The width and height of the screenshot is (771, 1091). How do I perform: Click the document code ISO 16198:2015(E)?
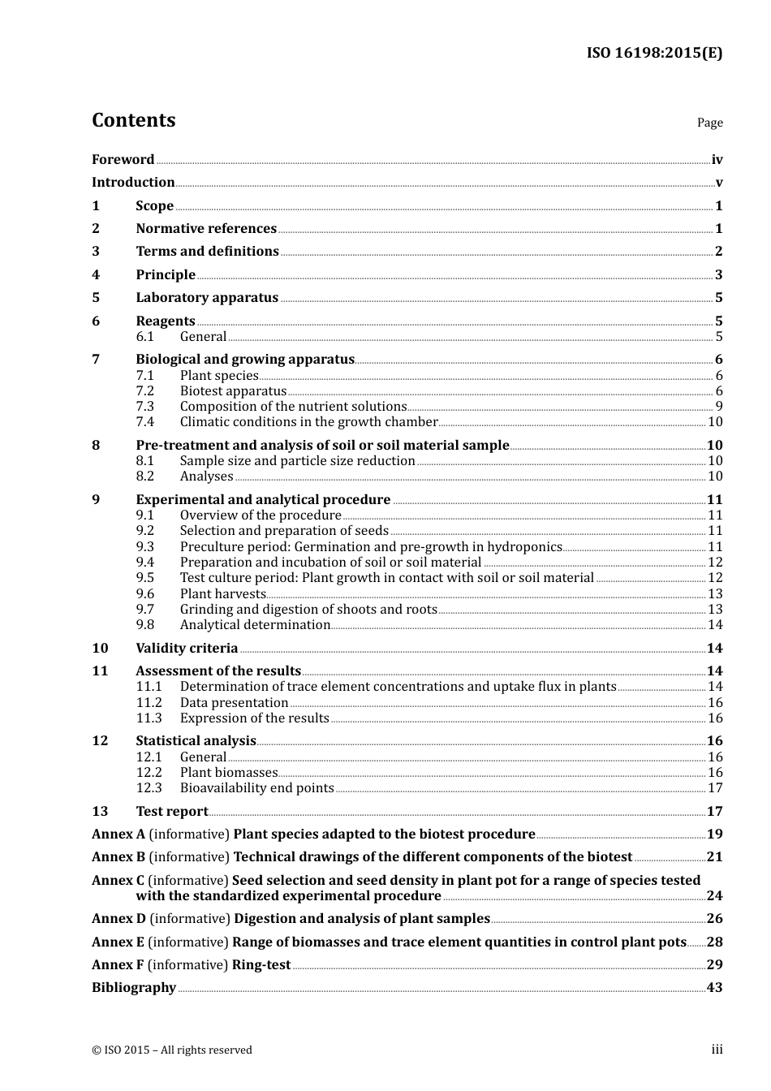coord(654,54)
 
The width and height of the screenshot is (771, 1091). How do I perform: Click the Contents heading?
coord(133,120)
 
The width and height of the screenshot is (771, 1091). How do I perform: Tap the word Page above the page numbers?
coord(709,123)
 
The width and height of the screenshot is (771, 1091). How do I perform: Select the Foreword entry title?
coord(123,160)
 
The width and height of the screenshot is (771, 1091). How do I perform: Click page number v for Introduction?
coord(718,183)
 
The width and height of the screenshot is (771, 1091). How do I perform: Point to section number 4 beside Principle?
coord(96,275)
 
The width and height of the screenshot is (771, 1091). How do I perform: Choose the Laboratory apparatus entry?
coord(207,298)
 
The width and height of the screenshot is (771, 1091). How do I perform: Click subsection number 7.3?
coord(144,407)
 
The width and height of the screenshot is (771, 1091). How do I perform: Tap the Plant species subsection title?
coord(219,376)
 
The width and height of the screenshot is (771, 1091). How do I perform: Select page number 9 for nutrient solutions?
coord(718,407)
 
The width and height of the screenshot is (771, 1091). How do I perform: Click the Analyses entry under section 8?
coord(206,477)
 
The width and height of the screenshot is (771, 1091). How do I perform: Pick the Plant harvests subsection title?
coord(222,594)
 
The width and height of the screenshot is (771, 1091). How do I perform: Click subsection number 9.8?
coord(144,625)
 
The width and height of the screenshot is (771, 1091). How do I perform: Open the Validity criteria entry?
coord(187,649)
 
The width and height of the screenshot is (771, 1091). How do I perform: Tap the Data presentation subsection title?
coord(234,703)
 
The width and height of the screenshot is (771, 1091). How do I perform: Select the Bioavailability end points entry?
coord(256,788)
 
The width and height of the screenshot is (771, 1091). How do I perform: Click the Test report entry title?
coord(171,812)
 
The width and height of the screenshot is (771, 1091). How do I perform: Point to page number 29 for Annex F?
coord(714,965)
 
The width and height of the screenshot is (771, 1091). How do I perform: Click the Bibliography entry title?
coord(134,988)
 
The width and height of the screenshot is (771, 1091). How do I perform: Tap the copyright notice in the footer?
coord(172,1050)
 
